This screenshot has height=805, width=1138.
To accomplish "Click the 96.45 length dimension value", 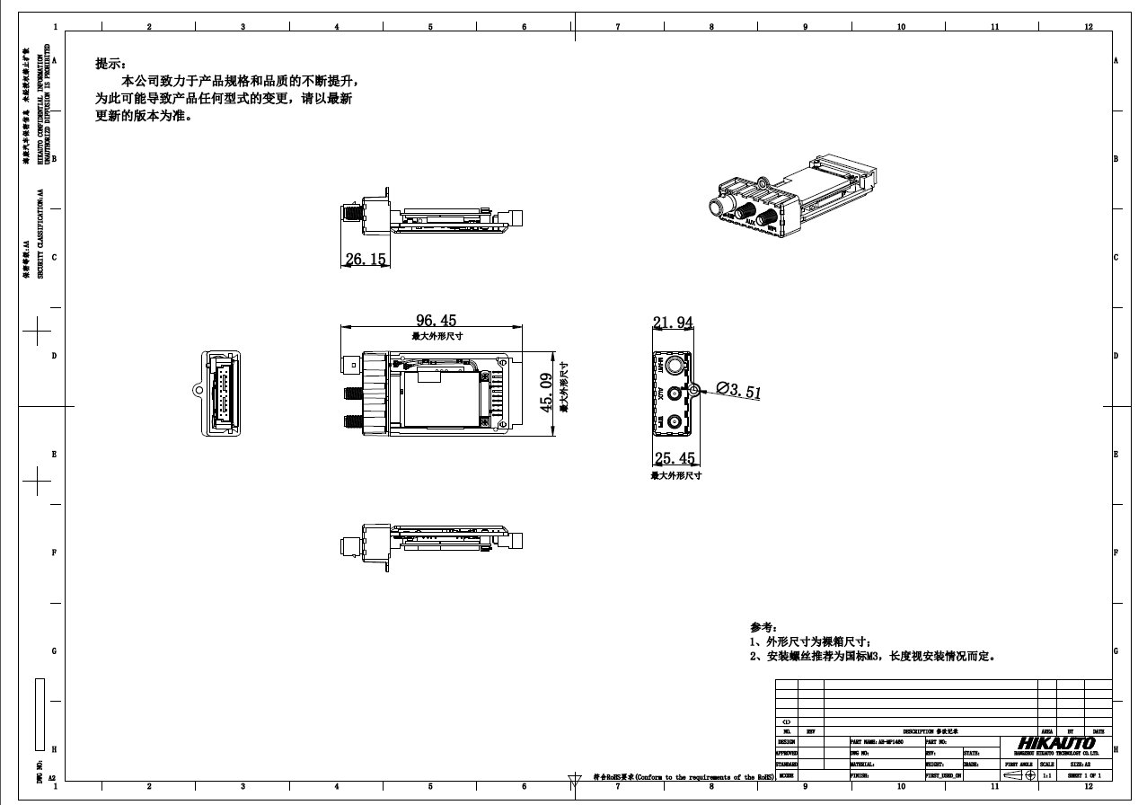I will pos(436,321).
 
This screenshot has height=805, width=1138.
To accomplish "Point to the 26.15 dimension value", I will pos(365,259).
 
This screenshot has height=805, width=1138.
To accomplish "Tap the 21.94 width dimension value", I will pos(673,323).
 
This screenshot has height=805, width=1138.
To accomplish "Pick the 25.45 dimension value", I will pos(675,459).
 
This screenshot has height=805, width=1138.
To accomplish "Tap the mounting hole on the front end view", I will pos(693,391).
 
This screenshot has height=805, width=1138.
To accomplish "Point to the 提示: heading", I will pos(111,64).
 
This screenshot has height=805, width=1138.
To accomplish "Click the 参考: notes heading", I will pos(763,627).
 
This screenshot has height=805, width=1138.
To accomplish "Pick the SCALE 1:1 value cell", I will pos(1047,774).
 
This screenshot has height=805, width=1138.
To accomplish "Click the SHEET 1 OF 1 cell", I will pos(1083,774).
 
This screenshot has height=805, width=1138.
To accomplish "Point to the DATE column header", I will pos(1098,731).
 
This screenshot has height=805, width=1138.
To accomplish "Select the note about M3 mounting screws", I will pos(871,657).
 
